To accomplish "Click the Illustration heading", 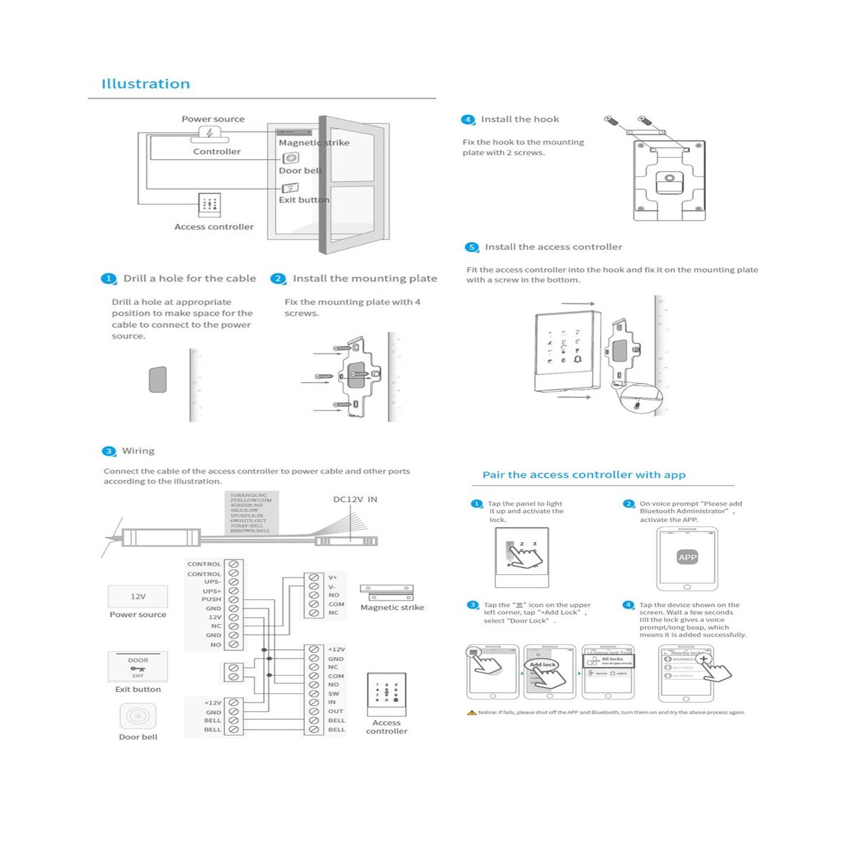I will click(146, 84).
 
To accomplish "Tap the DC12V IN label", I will click(355, 499).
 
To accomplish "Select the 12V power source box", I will click(138, 596).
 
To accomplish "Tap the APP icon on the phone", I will click(687, 557).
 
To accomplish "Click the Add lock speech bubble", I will click(543, 664).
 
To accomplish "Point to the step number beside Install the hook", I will click(468, 119).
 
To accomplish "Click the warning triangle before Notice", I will click(471, 712).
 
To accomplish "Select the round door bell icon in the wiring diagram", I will click(138, 715).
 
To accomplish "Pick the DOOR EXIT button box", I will click(138, 666).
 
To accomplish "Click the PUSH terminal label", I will click(211, 599).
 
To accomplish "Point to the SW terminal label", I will click(334, 693).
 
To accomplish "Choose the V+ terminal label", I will click(333, 577).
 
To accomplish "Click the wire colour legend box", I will click(251, 513).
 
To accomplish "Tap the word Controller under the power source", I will click(217, 151).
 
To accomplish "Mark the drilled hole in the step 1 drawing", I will click(158, 379).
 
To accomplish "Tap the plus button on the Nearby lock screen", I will click(703, 658).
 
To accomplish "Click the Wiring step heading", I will click(138, 451).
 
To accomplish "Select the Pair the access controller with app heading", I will click(583, 475).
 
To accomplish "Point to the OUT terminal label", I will click(336, 711).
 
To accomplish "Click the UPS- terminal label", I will click(213, 582).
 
